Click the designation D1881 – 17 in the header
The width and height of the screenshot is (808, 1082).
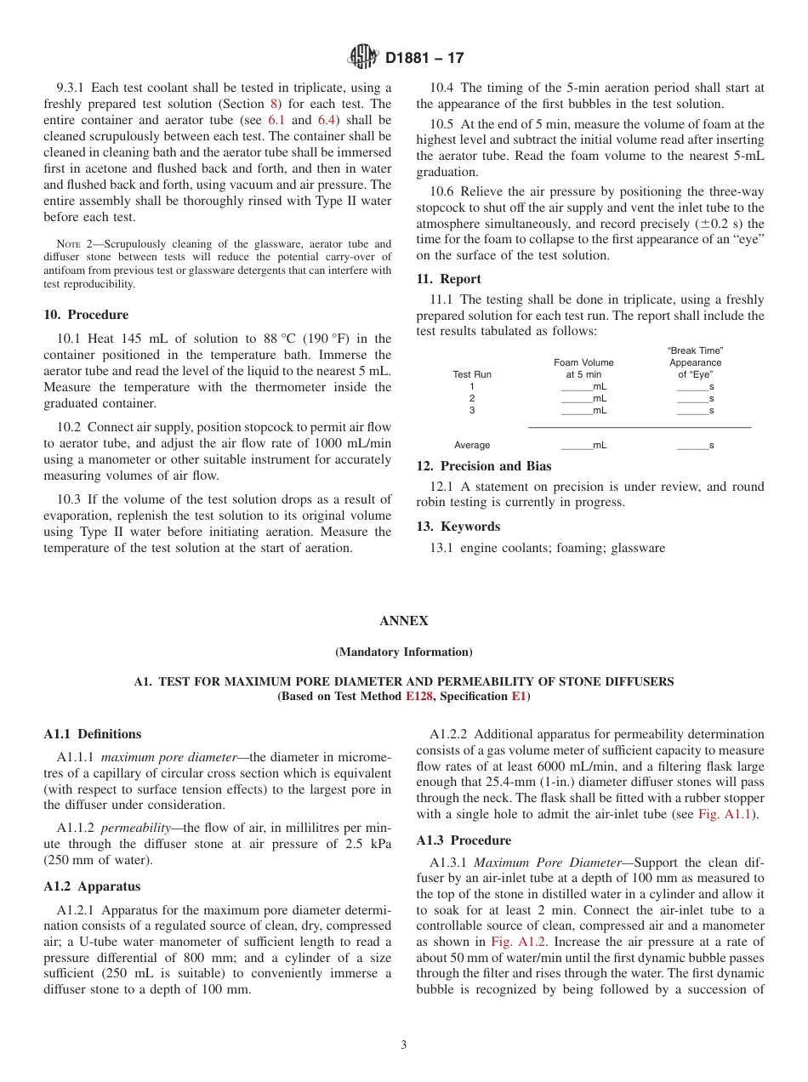coord(424,59)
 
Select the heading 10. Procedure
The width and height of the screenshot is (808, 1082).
coord(86,315)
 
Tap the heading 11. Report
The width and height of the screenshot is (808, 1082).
coord(448,279)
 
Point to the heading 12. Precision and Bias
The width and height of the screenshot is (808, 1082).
coord(483,466)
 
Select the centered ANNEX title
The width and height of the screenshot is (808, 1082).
coord(404,621)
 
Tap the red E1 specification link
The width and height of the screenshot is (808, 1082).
coord(518,697)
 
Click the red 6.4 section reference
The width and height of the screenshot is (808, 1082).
coord(327,120)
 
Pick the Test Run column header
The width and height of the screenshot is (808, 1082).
coord(472,374)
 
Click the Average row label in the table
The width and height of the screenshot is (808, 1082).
coord(472,445)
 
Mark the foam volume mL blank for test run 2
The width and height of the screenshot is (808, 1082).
coord(583,398)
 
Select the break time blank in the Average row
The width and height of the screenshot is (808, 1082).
coord(695,445)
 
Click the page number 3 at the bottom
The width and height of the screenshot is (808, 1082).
coord(404,1045)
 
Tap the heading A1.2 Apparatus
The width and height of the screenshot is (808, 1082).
coord(92,886)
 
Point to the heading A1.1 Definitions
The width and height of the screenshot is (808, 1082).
coord(92,734)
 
